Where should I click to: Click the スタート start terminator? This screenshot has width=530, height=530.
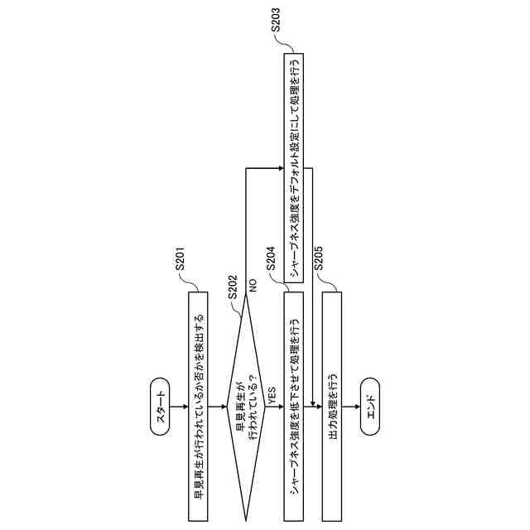point(161,407)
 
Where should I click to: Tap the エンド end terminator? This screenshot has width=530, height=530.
point(370,407)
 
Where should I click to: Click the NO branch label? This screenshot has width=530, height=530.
point(253,285)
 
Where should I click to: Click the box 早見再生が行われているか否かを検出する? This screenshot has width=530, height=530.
point(198,406)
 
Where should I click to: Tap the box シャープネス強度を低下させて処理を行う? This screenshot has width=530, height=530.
point(294,406)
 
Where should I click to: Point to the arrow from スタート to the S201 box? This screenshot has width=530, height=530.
point(179,407)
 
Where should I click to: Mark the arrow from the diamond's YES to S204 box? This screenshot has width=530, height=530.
point(273,407)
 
